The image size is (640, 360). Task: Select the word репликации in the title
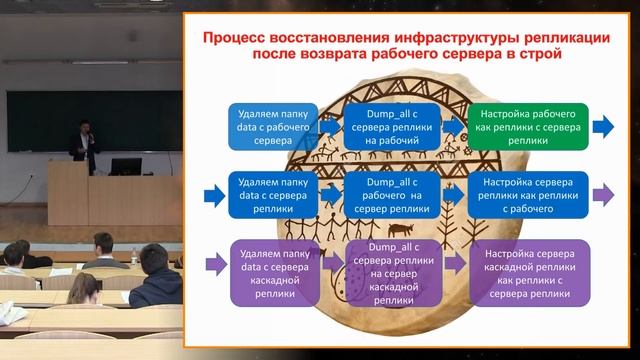point(558,37)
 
